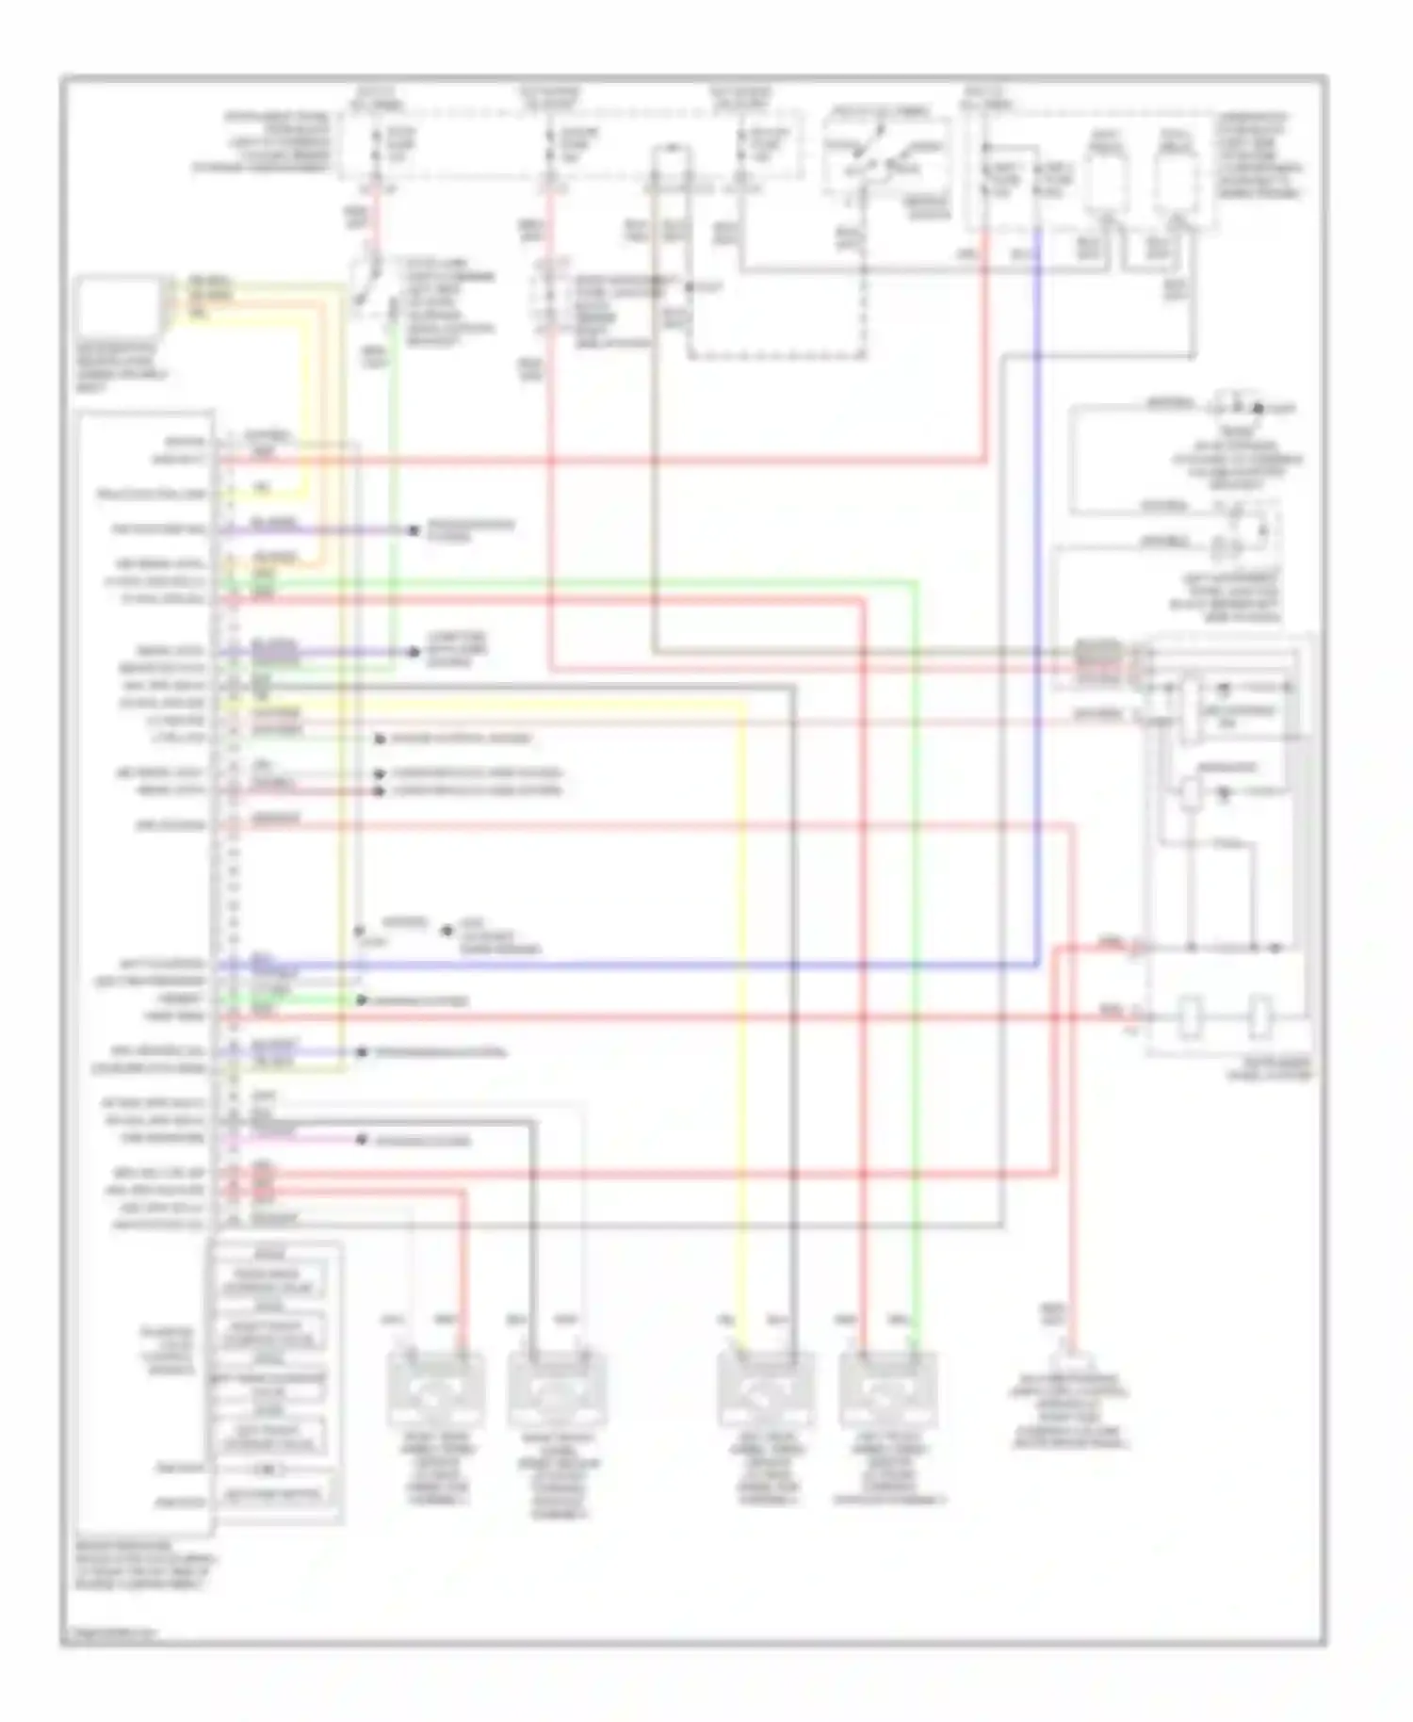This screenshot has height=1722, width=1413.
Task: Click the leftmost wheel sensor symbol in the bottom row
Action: [x=434, y=1389]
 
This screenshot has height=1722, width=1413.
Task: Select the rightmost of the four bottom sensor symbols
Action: [x=886, y=1389]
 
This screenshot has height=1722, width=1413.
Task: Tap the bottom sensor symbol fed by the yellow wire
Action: [x=765, y=1389]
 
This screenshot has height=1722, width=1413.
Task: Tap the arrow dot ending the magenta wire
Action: [x=361, y=1140]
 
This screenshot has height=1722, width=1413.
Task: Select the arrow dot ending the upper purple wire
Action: [x=413, y=530]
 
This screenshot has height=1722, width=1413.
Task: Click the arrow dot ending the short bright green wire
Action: [x=361, y=1000]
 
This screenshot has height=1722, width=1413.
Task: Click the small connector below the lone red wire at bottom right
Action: [x=1071, y=1362]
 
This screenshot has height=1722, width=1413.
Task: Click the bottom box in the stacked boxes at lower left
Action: [x=271, y=1494]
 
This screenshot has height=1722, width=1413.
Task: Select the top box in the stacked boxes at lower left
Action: [x=271, y=1281]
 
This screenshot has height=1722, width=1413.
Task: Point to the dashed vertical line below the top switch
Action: [x=864, y=283]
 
